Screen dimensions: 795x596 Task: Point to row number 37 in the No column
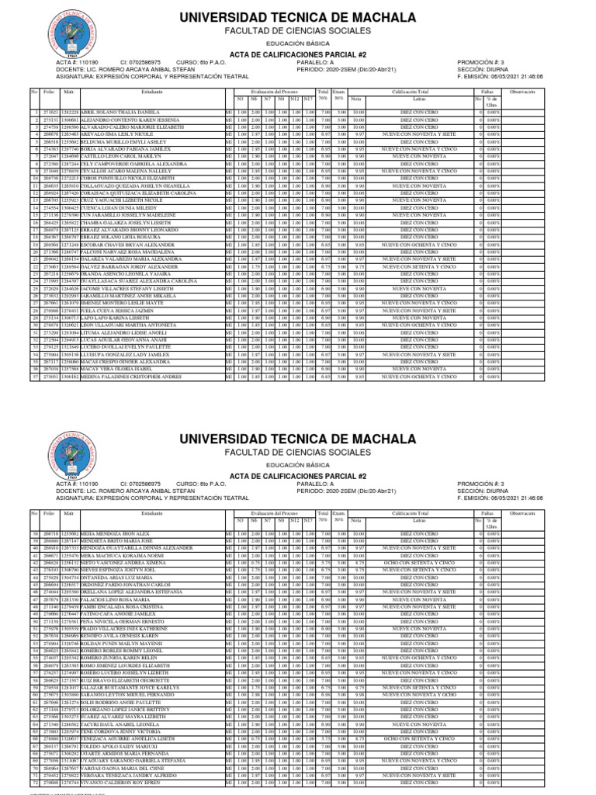[x=34, y=376]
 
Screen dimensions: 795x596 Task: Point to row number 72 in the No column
[x=34, y=784]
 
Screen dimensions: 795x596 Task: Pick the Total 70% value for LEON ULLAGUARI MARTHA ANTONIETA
[x=325, y=323]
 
